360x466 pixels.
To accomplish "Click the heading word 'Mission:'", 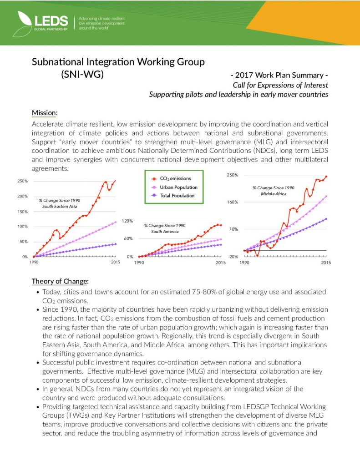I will tap(44, 113).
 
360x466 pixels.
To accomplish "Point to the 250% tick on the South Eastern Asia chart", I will tap(22, 181).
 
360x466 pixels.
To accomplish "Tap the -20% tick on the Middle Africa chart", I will tap(233, 257).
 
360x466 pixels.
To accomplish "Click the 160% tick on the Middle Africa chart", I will tap(233, 202).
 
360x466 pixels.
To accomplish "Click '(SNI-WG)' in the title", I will tap(82, 74).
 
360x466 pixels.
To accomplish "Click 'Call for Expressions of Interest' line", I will tap(280, 85).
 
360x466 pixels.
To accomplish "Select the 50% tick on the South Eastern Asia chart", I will tap(23, 242).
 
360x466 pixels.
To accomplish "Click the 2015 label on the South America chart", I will tap(220, 263).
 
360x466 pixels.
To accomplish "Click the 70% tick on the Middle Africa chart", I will tap(233, 229).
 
